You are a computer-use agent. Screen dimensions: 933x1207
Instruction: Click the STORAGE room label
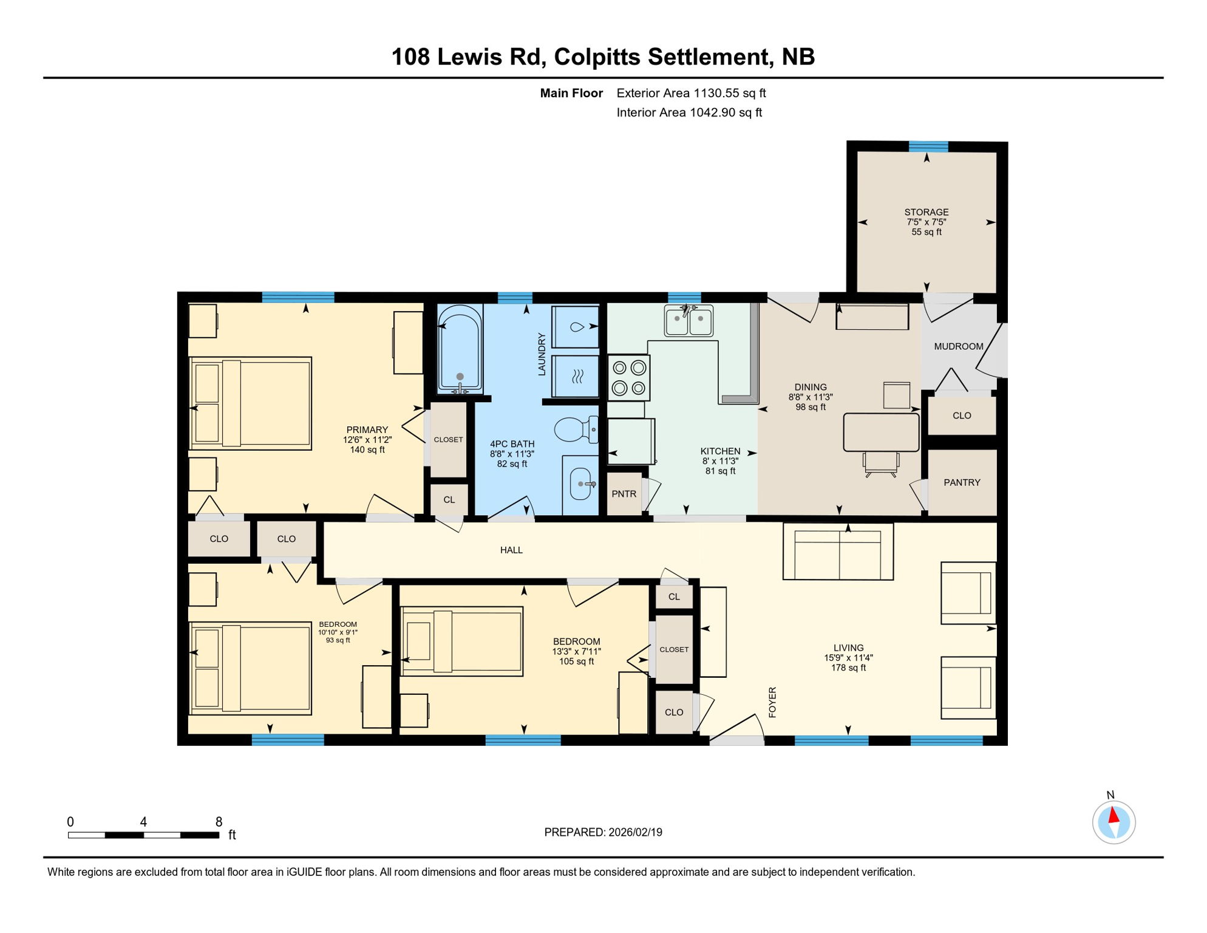[x=926, y=212]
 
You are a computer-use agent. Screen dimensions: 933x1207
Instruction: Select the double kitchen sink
[x=688, y=321]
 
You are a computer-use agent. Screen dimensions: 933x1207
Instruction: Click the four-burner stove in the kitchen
[x=629, y=378]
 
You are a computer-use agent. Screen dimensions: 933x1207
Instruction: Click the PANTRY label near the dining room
[x=962, y=482]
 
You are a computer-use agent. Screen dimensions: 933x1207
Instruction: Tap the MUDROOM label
[x=958, y=346]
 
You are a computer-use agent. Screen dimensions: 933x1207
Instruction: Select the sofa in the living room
[x=838, y=552]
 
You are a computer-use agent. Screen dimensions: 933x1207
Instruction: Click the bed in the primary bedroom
[x=251, y=403]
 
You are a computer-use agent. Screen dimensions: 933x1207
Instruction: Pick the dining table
[x=882, y=432]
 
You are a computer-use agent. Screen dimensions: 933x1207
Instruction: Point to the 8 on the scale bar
[x=219, y=822]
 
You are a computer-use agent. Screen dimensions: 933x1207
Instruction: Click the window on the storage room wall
[x=928, y=146]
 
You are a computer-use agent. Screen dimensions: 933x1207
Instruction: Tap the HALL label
[x=511, y=550]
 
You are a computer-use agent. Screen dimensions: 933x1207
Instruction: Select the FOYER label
[x=772, y=702]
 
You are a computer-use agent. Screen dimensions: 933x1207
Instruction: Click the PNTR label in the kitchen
[x=624, y=494]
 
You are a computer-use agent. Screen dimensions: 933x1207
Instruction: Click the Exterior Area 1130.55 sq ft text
[x=691, y=93]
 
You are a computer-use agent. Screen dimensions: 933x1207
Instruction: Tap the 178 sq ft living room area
[x=848, y=668]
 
